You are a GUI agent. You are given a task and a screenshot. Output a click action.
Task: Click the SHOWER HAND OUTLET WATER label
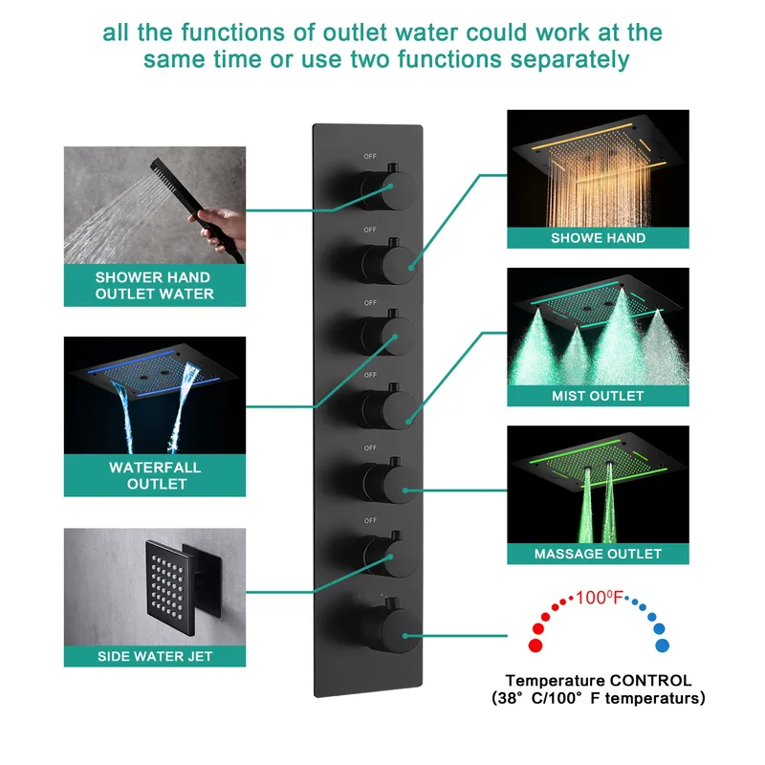155,285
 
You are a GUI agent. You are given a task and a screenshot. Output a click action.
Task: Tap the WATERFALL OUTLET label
155,475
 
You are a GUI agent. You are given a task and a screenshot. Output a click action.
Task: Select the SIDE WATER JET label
155,656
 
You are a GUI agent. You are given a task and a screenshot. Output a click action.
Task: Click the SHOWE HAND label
598,237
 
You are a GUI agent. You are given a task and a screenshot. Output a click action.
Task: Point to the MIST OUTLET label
598,395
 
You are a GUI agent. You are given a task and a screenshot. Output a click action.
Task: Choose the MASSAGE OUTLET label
598,553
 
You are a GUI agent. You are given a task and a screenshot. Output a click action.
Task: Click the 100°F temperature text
599,599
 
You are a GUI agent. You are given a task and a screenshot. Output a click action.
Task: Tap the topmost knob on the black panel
381,185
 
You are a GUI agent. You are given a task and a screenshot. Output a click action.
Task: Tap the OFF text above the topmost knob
370,155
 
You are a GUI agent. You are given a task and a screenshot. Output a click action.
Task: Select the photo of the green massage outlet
598,484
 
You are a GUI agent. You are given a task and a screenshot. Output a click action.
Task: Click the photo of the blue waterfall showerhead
155,395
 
